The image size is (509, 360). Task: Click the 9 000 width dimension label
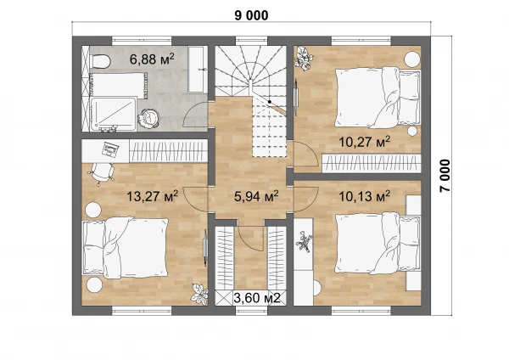click(252, 15)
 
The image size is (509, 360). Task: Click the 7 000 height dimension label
click(445, 176)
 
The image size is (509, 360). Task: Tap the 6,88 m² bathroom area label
click(152, 59)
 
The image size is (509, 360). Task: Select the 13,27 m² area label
click(152, 196)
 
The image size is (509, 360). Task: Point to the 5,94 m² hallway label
click(256, 196)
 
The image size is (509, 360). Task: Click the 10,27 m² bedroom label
click(365, 142)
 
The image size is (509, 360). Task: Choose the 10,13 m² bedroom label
click(365, 196)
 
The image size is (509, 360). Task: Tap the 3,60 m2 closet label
click(257, 298)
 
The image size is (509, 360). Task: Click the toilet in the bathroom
click(101, 61)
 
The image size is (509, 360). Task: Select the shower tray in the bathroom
click(113, 114)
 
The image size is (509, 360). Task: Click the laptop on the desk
click(110, 149)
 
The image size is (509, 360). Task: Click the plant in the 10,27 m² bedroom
click(304, 58)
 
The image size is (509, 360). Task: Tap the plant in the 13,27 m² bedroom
click(199, 294)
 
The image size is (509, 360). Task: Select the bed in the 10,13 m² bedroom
click(378, 243)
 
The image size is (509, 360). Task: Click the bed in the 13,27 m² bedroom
click(126, 248)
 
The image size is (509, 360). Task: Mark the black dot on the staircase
click(270, 102)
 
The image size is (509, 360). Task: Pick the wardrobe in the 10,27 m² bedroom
click(372, 163)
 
